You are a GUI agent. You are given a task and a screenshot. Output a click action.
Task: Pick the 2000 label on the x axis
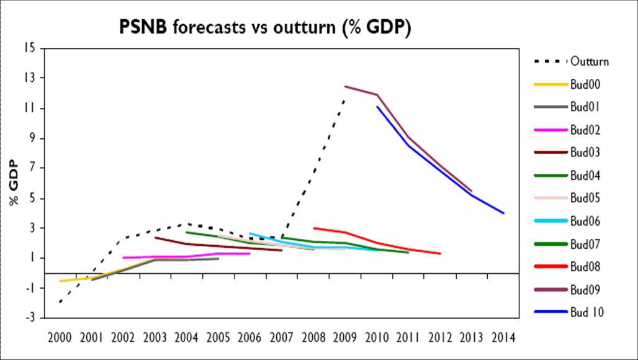(x=60, y=339)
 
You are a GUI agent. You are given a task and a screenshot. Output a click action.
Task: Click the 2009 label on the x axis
(x=346, y=339)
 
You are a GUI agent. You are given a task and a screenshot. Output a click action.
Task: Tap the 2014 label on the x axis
(x=504, y=339)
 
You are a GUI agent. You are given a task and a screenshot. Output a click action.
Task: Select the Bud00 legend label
(x=586, y=84)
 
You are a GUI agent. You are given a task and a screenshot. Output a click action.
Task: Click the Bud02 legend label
(x=586, y=130)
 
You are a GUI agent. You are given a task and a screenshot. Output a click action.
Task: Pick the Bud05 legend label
(x=586, y=198)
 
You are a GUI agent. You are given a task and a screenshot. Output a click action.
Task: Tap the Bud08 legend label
(x=586, y=266)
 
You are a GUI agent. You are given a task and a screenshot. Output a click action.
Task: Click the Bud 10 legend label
(x=587, y=312)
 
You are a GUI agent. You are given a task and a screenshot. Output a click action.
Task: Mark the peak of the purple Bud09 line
(x=346, y=86)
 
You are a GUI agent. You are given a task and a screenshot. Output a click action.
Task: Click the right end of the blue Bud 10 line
(x=503, y=213)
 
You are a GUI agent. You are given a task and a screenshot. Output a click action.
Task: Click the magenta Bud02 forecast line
(x=186, y=256)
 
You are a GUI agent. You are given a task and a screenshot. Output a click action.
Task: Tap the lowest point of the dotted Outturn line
(x=61, y=302)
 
